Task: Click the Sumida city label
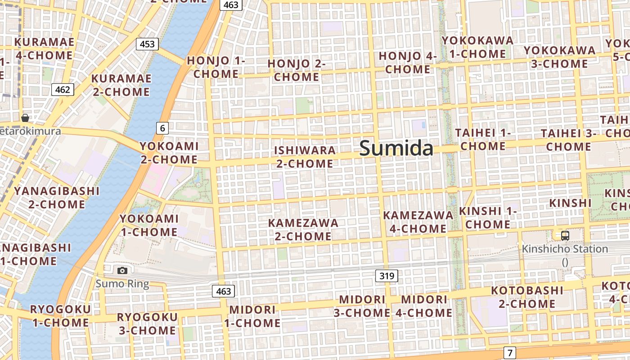click(396, 148)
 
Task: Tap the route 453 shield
click(147, 44)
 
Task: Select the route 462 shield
click(63, 90)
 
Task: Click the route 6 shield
click(162, 128)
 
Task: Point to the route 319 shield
click(387, 276)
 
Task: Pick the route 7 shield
click(509, 353)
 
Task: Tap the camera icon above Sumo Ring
click(122, 270)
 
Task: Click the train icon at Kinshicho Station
click(565, 235)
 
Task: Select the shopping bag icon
click(25, 118)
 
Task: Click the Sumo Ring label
click(122, 283)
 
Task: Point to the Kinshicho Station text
click(565, 249)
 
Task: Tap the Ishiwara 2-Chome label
click(305, 157)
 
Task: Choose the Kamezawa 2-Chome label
click(303, 229)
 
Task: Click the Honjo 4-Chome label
click(408, 63)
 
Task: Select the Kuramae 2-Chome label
click(121, 85)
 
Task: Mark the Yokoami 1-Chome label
click(149, 225)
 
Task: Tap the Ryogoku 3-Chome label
click(147, 324)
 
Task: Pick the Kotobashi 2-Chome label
click(527, 297)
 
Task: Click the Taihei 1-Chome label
click(483, 139)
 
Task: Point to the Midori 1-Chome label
click(252, 316)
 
